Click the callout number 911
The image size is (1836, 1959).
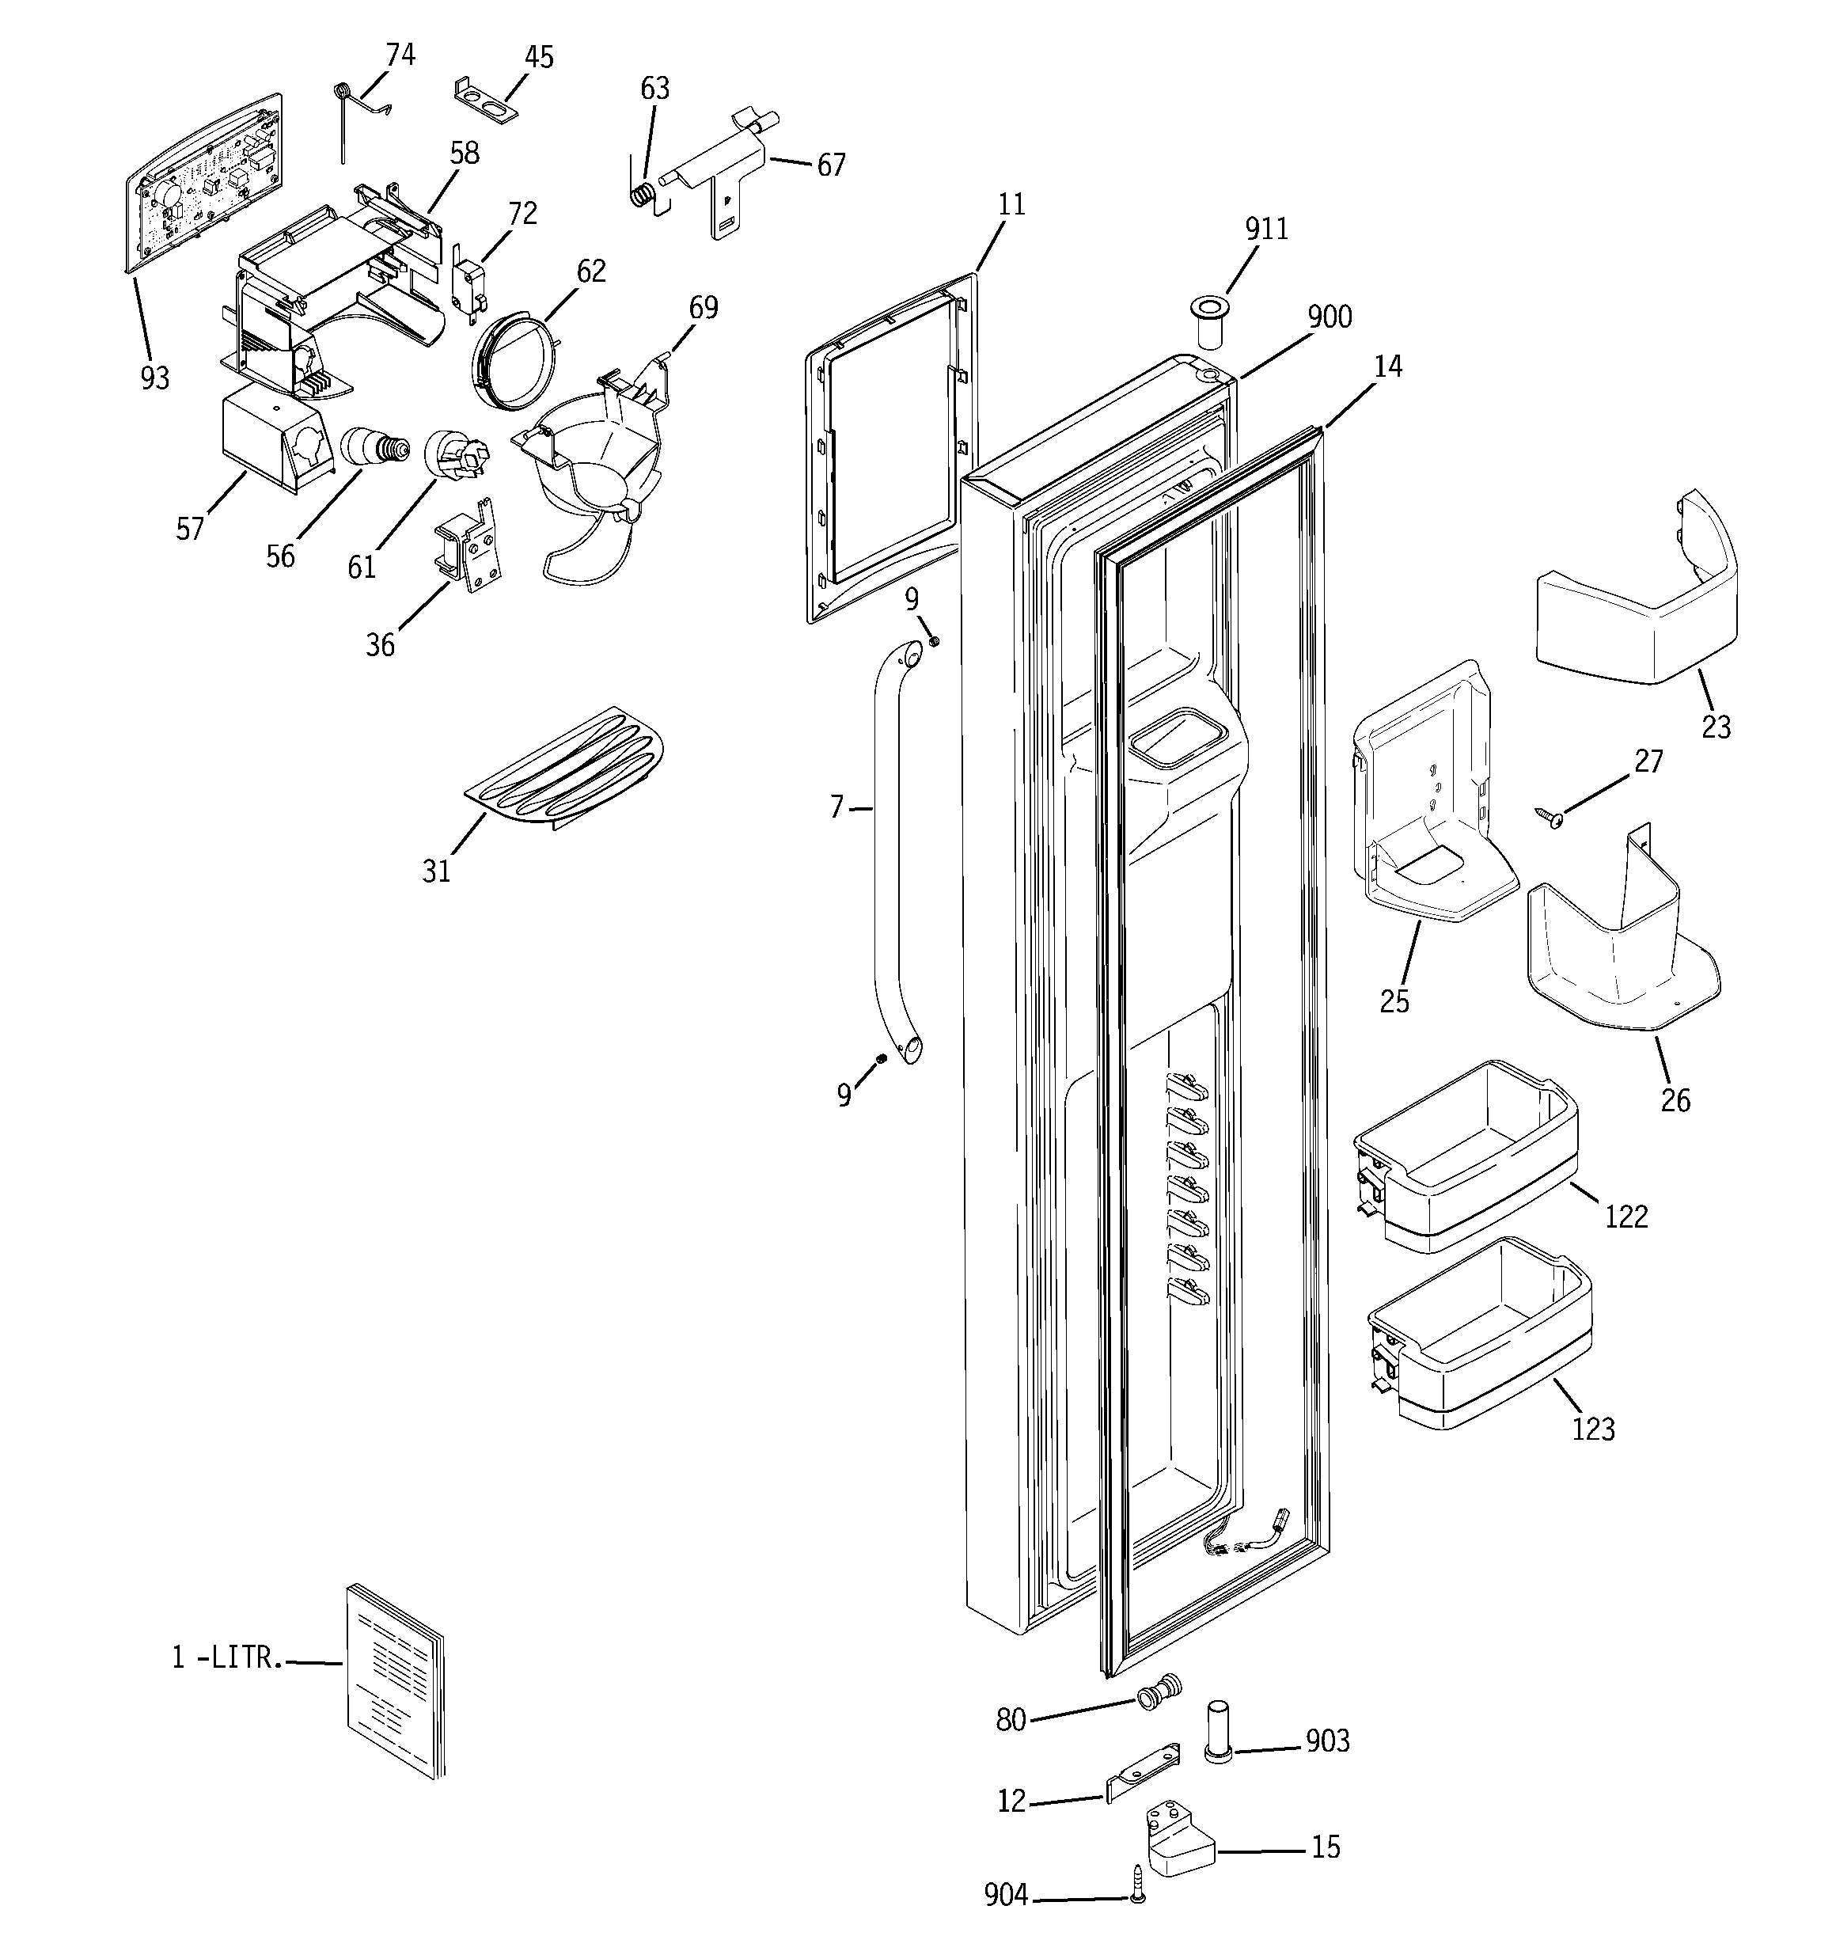1266,229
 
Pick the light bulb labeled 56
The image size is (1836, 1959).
374,447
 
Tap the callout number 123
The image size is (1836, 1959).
1592,1428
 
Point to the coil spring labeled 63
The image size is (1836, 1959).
642,193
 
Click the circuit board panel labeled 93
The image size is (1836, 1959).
202,182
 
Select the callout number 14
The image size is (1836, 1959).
1386,366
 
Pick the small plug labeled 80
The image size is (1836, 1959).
1159,1691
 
